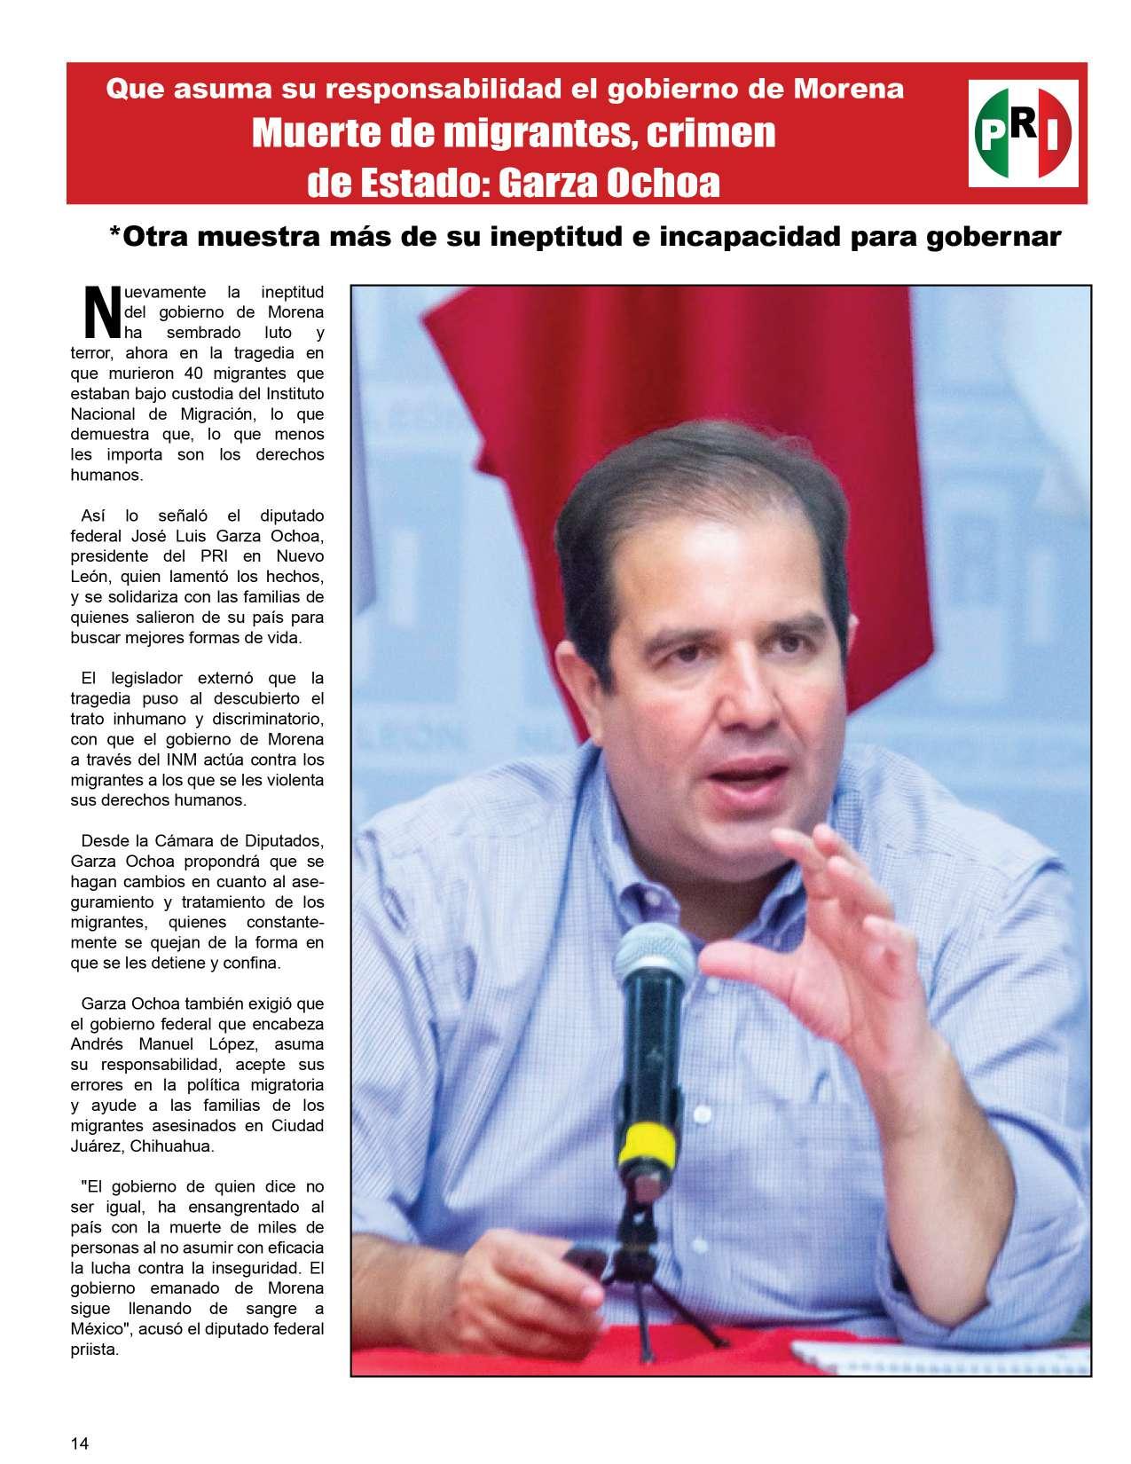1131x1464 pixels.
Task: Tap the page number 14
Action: point(80,1443)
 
